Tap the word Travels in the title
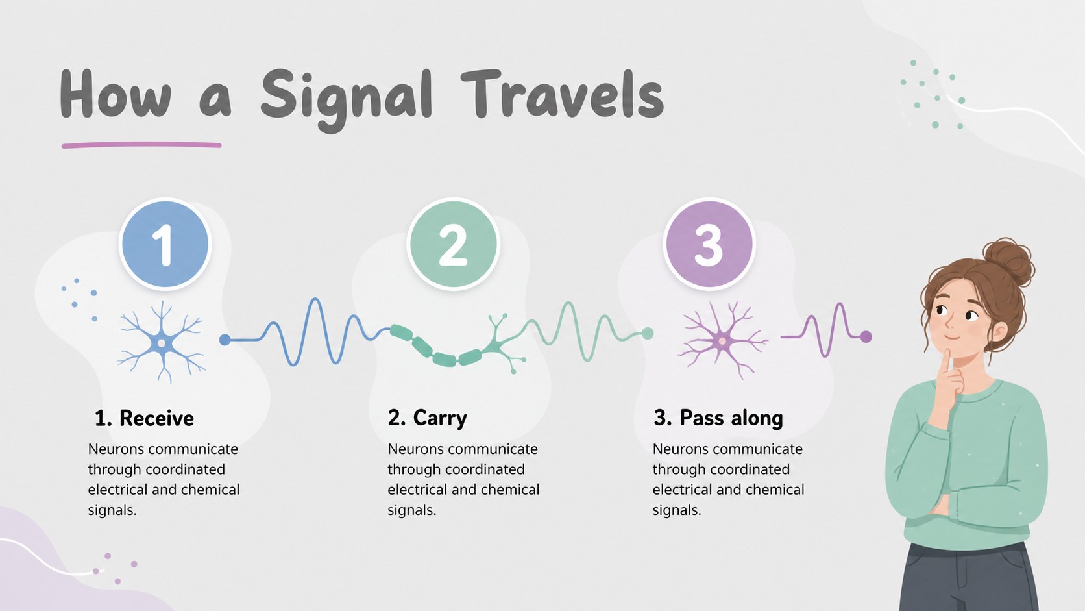(x=562, y=94)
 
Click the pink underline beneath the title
(x=141, y=145)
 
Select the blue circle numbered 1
(x=165, y=243)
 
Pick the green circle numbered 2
(x=454, y=243)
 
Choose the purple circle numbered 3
(x=709, y=243)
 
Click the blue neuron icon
(x=162, y=342)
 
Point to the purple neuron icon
(x=722, y=340)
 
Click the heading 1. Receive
(x=144, y=418)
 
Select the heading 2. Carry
(x=427, y=418)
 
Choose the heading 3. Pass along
(x=718, y=418)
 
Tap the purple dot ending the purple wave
(x=866, y=336)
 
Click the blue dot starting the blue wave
(x=225, y=340)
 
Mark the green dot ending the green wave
(x=648, y=333)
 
